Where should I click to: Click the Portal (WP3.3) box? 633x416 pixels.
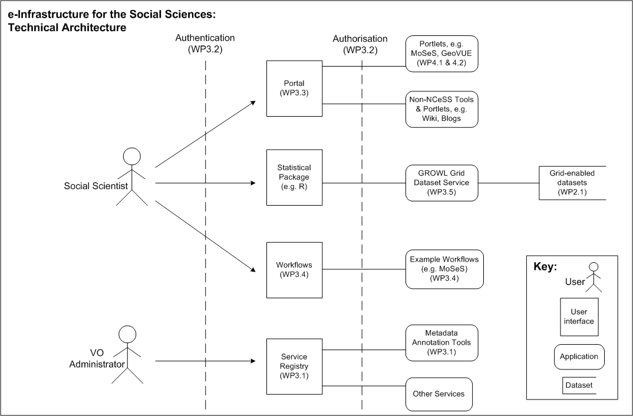click(294, 88)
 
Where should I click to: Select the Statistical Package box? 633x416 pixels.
click(294, 177)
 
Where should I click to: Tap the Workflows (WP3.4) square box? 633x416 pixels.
click(294, 270)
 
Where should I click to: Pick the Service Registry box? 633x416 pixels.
click(294, 367)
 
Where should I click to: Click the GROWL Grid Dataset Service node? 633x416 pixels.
click(441, 183)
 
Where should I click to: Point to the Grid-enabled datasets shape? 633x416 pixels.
click(572, 183)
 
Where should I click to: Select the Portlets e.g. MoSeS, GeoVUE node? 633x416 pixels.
click(441, 54)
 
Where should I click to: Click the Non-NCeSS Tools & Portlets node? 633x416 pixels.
click(441, 110)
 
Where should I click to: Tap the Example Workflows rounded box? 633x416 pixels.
click(444, 269)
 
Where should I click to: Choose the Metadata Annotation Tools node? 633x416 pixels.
click(441, 342)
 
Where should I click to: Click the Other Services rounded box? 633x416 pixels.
click(439, 394)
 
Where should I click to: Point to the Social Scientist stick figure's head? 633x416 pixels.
click(131, 157)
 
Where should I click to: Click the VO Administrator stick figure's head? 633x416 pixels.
click(127, 335)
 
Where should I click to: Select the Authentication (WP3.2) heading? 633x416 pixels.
click(205, 43)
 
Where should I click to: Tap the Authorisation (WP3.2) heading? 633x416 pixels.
click(360, 44)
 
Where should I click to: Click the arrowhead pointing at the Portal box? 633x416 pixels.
click(253, 102)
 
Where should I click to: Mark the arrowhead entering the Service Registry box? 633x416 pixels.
click(253, 361)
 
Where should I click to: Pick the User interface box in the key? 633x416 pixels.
click(579, 317)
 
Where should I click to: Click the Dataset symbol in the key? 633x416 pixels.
click(579, 385)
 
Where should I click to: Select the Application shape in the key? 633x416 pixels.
click(579, 356)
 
